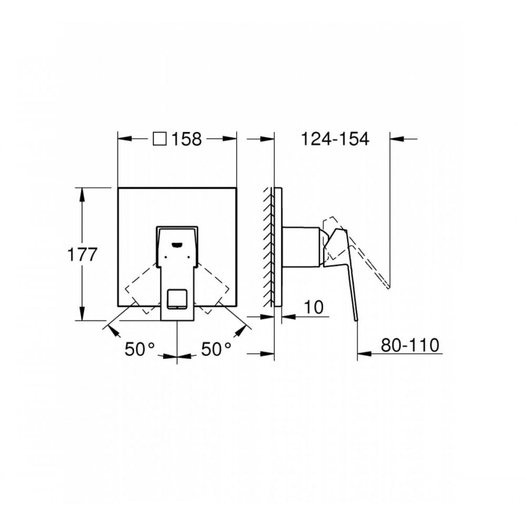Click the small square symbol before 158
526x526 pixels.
[x=159, y=139]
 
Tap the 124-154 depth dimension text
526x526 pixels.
[x=335, y=139]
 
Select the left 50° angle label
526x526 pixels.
[x=140, y=349]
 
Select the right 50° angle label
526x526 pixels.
[x=215, y=349]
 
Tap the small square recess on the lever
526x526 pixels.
[x=177, y=298]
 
